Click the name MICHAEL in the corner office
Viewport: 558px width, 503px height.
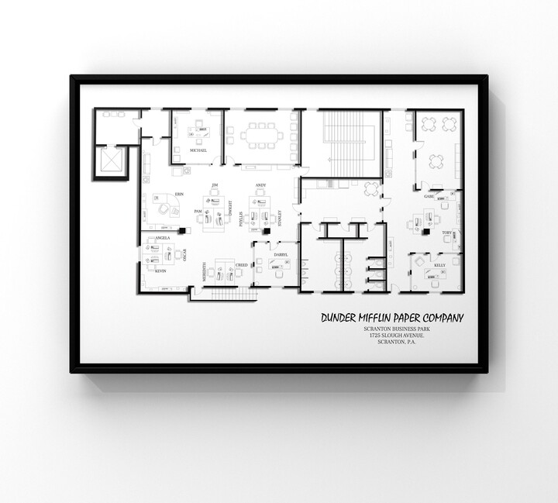(198, 150)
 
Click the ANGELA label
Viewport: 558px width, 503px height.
(163, 238)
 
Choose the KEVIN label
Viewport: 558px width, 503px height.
(160, 271)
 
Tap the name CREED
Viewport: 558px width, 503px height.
(241, 265)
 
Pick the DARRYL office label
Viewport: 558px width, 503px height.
(280, 254)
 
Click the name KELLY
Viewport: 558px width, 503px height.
(439, 265)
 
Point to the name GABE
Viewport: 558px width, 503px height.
(429, 197)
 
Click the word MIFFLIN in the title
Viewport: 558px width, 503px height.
(372, 317)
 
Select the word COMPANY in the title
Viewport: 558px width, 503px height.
(441, 317)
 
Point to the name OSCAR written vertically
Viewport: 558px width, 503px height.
(185, 254)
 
